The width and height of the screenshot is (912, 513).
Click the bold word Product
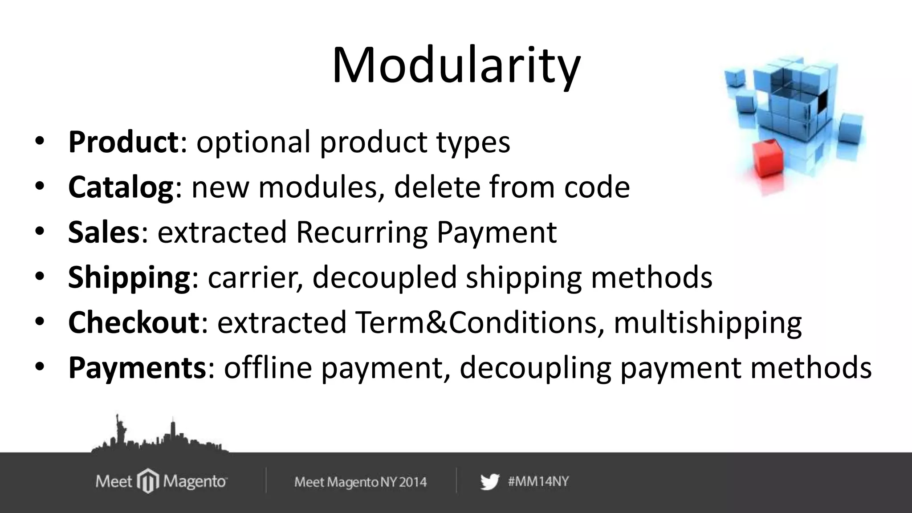point(123,142)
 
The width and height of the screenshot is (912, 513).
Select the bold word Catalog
point(121,187)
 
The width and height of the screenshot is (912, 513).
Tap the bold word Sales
point(104,232)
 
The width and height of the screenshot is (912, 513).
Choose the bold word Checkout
point(134,322)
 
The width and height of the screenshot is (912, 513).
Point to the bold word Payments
point(137,368)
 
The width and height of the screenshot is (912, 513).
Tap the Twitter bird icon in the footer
point(489,482)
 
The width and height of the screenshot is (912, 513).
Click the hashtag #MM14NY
point(538,482)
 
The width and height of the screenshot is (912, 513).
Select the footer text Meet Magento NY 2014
point(360,482)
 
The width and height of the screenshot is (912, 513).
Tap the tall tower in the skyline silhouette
point(172,430)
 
